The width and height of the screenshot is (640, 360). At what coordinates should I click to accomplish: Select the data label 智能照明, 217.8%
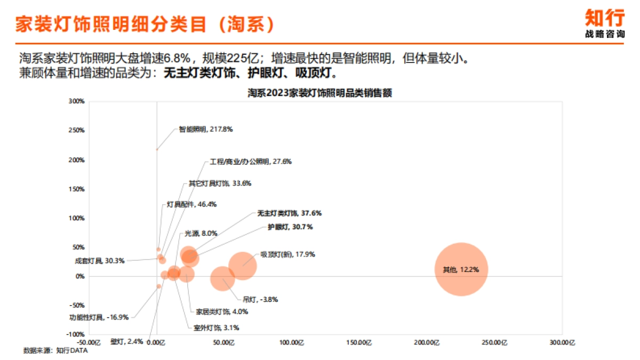205,129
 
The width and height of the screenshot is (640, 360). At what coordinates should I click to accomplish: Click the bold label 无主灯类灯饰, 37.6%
289,213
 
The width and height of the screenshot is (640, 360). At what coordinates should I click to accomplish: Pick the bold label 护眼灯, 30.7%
290,227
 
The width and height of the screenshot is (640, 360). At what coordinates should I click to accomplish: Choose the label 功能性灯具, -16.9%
99,317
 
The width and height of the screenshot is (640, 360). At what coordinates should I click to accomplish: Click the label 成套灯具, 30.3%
100,261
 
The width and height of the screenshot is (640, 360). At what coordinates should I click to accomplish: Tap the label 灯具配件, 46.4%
191,204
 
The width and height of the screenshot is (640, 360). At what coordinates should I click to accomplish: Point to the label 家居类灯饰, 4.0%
221,311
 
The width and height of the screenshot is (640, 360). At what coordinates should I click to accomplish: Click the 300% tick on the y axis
77,101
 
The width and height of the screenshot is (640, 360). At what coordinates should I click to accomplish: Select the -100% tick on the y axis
75,334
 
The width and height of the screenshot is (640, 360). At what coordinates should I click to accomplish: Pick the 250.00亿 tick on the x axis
494,342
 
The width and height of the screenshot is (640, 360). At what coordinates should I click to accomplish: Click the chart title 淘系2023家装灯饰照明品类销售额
320,93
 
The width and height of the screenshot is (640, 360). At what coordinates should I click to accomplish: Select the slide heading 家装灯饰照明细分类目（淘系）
145,24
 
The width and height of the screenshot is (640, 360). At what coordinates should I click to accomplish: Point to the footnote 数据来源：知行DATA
55,350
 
